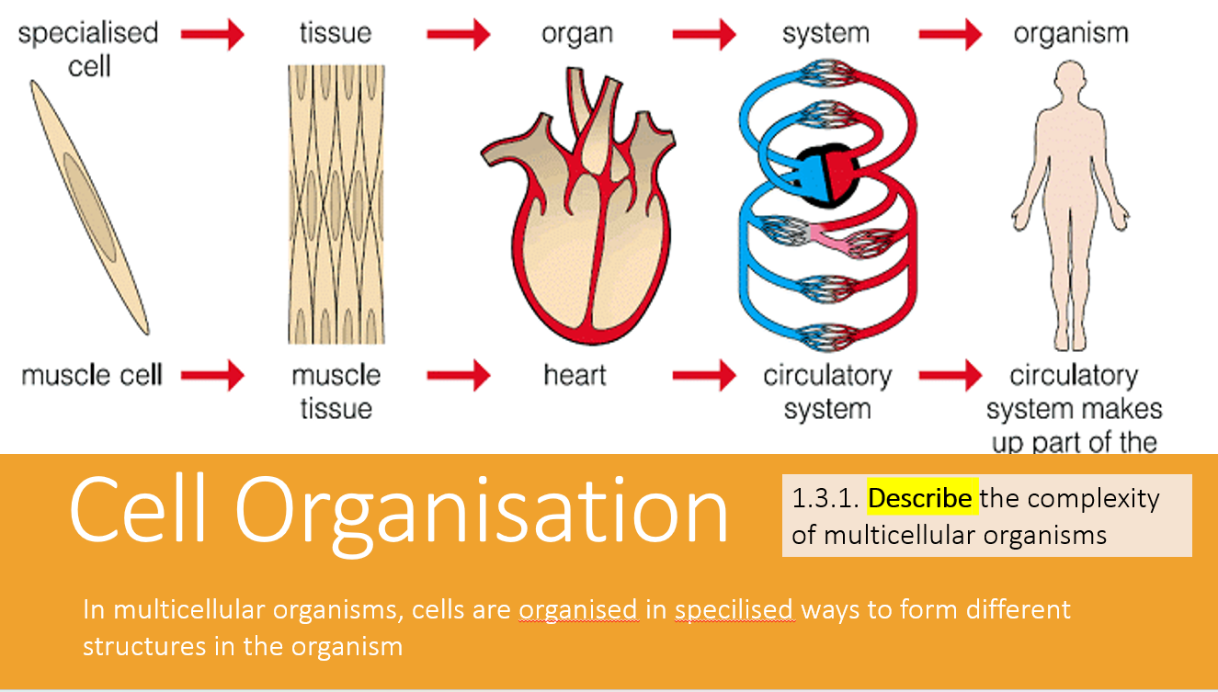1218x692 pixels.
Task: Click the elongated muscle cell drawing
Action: pyautogui.click(x=89, y=206)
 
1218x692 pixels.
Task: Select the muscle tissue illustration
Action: pyautogui.click(x=336, y=204)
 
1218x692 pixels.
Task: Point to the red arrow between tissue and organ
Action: pyautogui.click(x=459, y=35)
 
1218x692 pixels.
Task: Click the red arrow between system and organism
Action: pyautogui.click(x=950, y=35)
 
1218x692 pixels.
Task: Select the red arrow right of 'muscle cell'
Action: pyautogui.click(x=212, y=375)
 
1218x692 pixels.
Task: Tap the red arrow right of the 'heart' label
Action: pyautogui.click(x=703, y=375)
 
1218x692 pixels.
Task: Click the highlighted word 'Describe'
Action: pyautogui.click(x=920, y=498)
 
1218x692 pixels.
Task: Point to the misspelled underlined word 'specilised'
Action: pyautogui.click(x=734, y=609)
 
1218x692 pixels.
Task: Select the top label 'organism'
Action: pyautogui.click(x=1070, y=34)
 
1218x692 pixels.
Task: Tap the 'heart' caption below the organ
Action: pyautogui.click(x=575, y=375)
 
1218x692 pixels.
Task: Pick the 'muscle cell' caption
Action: pyautogui.click(x=92, y=375)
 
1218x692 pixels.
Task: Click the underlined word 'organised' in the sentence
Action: pyautogui.click(x=577, y=609)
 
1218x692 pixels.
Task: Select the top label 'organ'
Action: pyautogui.click(x=577, y=34)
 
